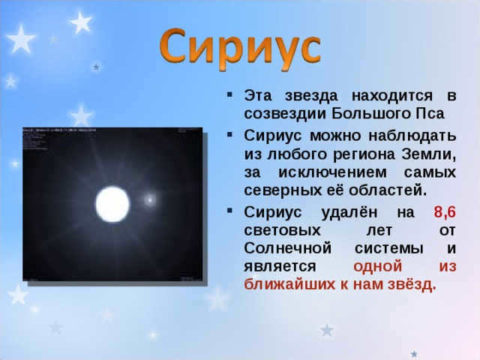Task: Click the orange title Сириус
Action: click(240, 49)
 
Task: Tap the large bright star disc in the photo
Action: click(112, 204)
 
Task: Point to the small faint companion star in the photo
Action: click(150, 200)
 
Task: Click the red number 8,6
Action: click(445, 212)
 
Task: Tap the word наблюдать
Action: click(412, 136)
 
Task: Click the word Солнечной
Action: click(288, 248)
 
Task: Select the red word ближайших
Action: click(289, 284)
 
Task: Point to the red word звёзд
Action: click(412, 284)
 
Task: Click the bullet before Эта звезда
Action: click(229, 94)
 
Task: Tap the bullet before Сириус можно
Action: click(229, 133)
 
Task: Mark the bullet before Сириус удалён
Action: click(229, 210)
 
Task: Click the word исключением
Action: click(332, 172)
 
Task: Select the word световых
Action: click(282, 230)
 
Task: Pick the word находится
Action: click(392, 96)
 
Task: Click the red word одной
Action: click(377, 266)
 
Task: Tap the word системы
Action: click(389, 248)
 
